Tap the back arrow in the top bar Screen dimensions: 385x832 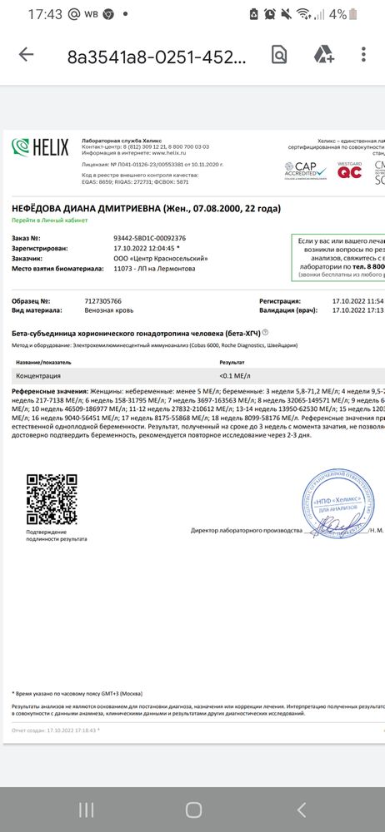point(26,55)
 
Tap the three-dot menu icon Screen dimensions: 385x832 point(364,55)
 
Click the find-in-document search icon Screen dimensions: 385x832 point(279,55)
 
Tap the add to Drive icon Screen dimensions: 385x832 point(323,55)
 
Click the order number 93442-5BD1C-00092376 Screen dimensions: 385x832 point(149,238)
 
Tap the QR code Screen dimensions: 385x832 point(52,498)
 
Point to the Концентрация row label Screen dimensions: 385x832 point(38,376)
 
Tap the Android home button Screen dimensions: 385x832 point(193,810)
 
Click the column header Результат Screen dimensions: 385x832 point(232,363)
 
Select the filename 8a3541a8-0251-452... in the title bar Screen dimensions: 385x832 point(157,56)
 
